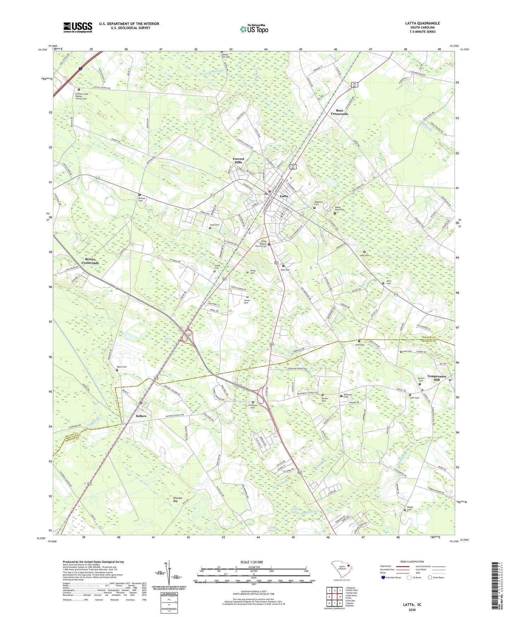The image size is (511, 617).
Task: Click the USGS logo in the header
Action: (x=78, y=27)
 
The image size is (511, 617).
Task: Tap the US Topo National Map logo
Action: (x=254, y=29)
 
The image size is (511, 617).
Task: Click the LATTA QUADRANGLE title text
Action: (x=422, y=23)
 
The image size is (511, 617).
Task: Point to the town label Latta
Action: (x=284, y=196)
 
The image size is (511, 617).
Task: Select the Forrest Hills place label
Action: (x=238, y=160)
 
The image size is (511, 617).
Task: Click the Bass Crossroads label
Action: (x=339, y=112)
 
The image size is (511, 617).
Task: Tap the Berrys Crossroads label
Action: (x=90, y=261)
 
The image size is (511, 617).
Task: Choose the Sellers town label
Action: (x=141, y=416)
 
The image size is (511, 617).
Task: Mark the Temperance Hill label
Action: (x=436, y=378)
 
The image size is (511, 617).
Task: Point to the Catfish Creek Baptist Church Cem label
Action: (x=81, y=96)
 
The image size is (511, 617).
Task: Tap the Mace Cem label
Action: (x=122, y=367)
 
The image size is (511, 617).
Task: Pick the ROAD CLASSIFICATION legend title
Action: (x=412, y=562)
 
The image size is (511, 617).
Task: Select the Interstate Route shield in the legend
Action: (x=383, y=577)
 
